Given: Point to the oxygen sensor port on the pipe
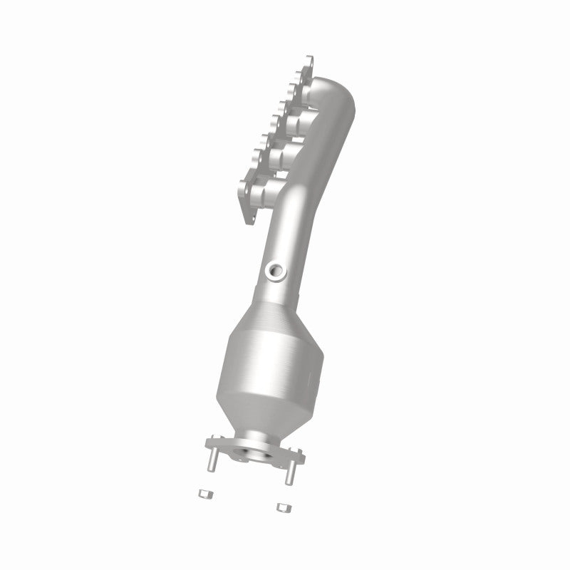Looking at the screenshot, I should (274, 269).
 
